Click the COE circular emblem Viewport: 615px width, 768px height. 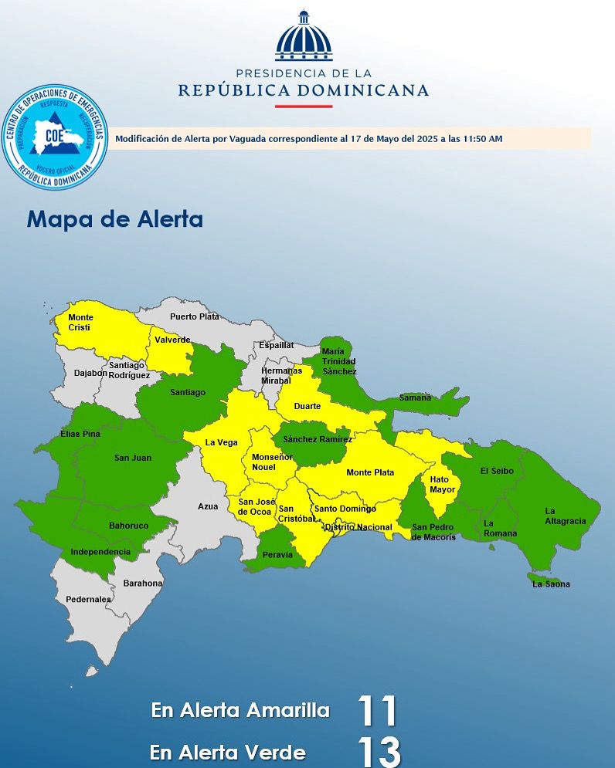[x=54, y=137]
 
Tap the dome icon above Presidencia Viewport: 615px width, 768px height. [x=303, y=36]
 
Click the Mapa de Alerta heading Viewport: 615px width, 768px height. [x=115, y=219]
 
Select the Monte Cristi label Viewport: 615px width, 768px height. [x=80, y=323]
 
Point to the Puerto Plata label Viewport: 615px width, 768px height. [x=195, y=316]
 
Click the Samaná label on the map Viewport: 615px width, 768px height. [x=415, y=398]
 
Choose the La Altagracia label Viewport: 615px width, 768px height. [x=566, y=516]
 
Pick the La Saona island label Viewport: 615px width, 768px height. [x=552, y=584]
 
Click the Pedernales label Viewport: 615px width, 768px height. [x=89, y=599]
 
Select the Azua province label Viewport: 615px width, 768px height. [x=208, y=506]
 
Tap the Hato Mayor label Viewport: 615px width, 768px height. [x=443, y=485]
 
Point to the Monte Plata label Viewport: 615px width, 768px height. [x=370, y=472]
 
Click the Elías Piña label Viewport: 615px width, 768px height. [x=80, y=434]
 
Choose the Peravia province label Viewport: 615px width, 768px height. [x=277, y=555]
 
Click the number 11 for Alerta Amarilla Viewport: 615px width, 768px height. [x=377, y=711]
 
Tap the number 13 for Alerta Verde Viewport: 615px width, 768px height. [x=379, y=753]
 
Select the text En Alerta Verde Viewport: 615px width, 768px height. [x=228, y=753]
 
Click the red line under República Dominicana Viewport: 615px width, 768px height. [x=303, y=106]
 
